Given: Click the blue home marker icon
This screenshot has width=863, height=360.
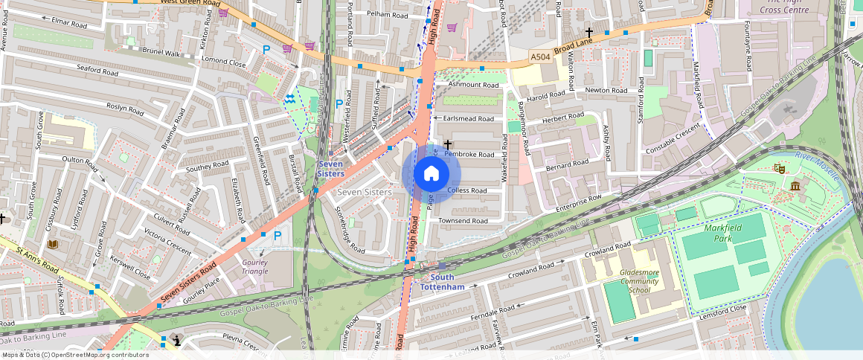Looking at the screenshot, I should pos(431,174).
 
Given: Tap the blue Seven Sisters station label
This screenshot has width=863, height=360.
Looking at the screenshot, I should pos(331,169).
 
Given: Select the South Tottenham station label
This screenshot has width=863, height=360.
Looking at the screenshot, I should pos(442,282).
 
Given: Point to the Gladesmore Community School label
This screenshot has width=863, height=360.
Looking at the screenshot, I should pos(639,281).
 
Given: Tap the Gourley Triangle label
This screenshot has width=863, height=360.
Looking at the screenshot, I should pos(255,266).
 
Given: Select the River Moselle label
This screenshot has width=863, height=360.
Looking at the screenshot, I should pos(817,166).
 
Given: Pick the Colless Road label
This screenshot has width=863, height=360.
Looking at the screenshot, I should pos(467,191).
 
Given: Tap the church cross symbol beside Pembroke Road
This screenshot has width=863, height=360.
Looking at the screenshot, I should pos(448,143).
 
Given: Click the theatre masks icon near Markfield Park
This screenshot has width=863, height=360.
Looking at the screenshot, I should pos(780,169).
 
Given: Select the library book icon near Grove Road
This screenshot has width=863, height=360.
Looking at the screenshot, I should pos(52,244).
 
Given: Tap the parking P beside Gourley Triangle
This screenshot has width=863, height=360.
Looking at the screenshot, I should pos(277,236).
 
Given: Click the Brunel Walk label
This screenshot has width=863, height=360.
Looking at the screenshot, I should pos(161,53).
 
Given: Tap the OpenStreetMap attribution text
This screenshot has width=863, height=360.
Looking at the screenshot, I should pos(74,355).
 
